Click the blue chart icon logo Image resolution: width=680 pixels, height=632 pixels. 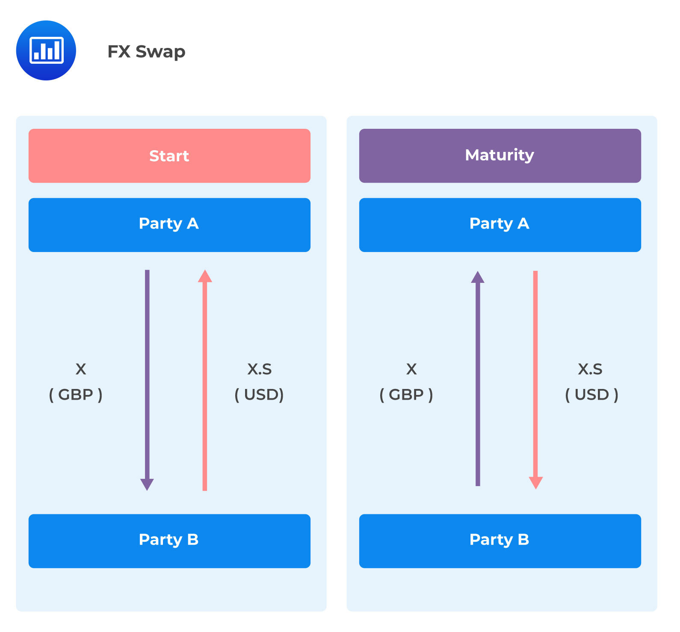(46, 50)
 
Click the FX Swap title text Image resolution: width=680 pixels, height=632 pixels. (146, 52)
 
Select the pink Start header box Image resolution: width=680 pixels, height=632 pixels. (169, 156)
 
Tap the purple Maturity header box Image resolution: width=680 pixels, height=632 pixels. (500, 156)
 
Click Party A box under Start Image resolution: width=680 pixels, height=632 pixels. (169, 225)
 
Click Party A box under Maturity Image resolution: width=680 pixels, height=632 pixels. (500, 225)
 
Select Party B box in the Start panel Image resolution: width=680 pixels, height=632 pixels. (169, 541)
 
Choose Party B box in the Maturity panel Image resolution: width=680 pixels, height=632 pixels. (500, 541)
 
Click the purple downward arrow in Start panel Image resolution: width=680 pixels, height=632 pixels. (147, 380)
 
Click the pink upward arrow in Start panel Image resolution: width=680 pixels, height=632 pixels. (205, 380)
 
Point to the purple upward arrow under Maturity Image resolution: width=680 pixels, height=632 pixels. (478, 379)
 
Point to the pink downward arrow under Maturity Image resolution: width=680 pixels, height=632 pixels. (535, 380)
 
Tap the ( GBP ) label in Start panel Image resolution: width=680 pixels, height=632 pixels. (76, 395)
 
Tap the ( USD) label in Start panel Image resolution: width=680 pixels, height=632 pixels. (259, 395)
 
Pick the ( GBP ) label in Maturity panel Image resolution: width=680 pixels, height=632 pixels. (406, 395)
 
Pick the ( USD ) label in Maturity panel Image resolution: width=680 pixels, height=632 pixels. (592, 395)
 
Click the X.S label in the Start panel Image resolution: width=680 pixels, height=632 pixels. (260, 369)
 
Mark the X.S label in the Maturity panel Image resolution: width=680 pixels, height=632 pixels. (590, 369)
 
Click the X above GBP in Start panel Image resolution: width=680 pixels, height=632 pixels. (81, 369)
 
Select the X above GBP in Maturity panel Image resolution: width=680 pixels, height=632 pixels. (411, 369)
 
